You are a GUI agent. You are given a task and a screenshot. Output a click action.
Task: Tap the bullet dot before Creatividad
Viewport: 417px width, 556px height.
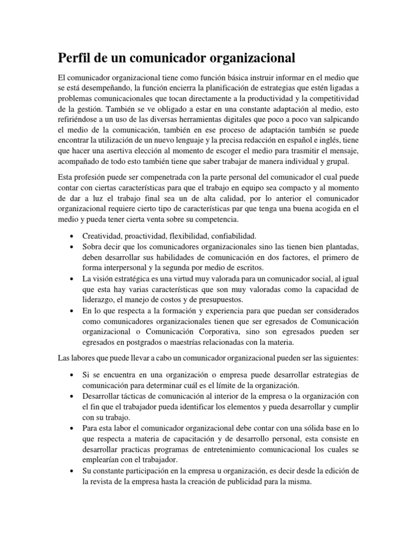pos(72,236)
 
